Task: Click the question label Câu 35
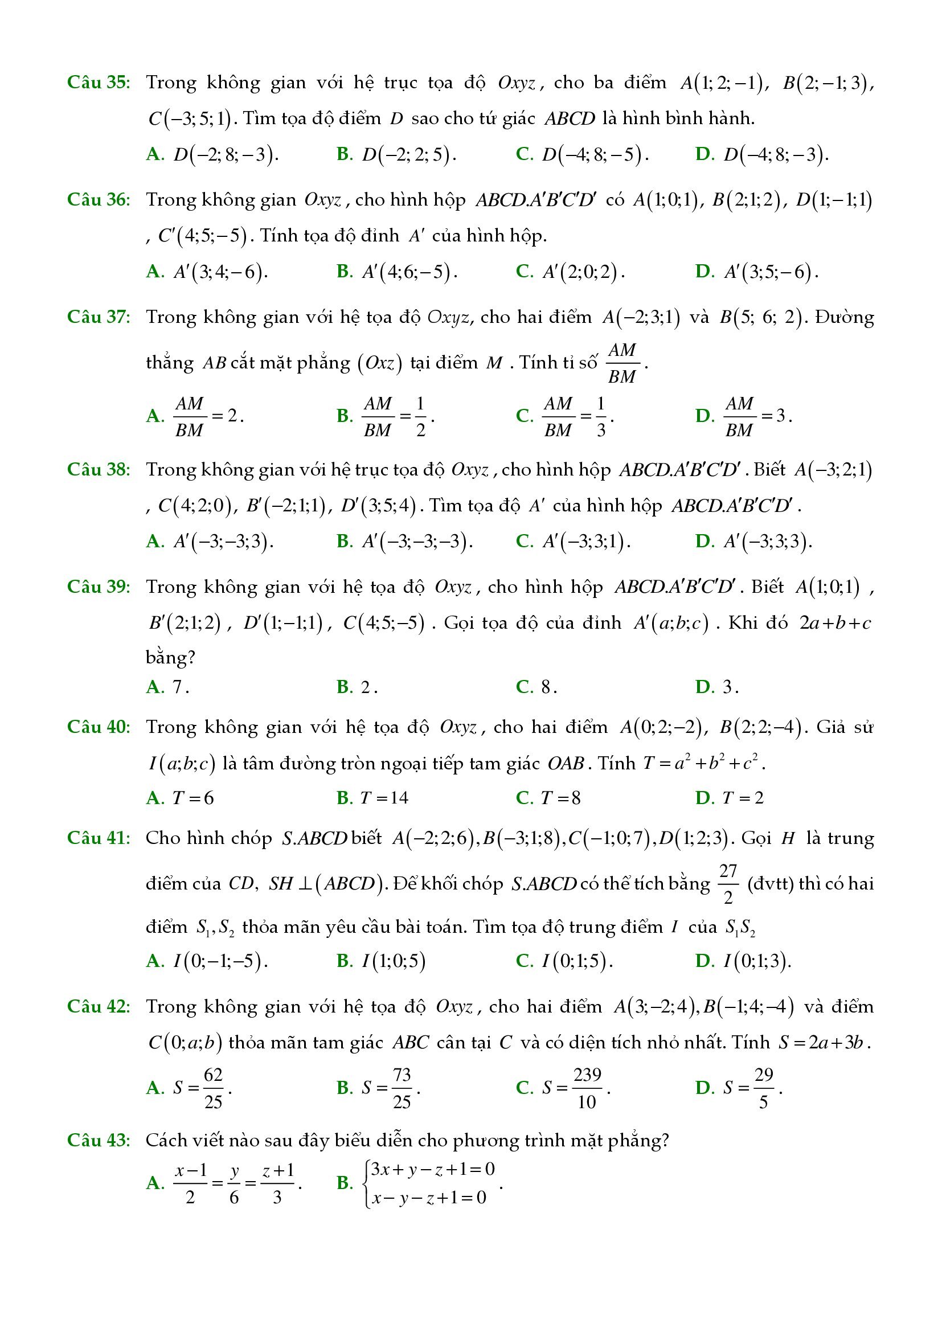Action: tap(99, 83)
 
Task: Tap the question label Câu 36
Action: tap(99, 199)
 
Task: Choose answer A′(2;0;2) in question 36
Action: tap(583, 272)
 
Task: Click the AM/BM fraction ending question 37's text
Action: tap(622, 363)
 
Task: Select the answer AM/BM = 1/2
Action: tap(398, 416)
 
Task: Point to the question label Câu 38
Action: tap(99, 469)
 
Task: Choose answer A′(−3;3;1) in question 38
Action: tap(586, 541)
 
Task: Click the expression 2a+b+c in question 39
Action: tap(835, 623)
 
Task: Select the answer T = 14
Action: tap(384, 798)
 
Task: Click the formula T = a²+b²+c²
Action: tap(703, 763)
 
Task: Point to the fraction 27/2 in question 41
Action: tap(728, 884)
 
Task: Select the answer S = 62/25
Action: tap(202, 1088)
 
